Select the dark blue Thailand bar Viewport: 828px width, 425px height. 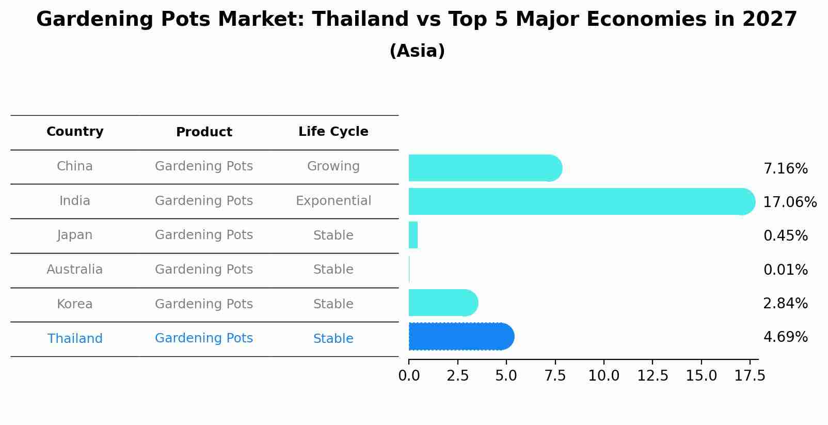(460, 337)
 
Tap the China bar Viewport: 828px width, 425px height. (484, 168)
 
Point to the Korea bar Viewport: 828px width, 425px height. (442, 303)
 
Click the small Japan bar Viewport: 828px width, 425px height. (413, 235)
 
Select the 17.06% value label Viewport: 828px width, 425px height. (789, 202)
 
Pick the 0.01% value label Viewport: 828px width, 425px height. (785, 270)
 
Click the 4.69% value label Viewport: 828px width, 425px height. (785, 337)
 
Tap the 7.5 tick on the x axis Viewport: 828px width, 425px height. (555, 376)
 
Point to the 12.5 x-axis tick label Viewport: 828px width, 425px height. (652, 376)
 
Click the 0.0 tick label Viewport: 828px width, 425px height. (409, 376)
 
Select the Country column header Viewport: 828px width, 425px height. (75, 132)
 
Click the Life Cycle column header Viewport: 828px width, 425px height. (333, 132)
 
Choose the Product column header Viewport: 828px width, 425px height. (204, 132)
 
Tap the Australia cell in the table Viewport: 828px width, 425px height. (75, 270)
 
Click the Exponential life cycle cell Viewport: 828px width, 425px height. (333, 201)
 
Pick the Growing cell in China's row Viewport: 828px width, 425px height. (333, 166)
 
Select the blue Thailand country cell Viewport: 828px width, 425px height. (75, 339)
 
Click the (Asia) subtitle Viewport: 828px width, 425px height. (417, 51)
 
